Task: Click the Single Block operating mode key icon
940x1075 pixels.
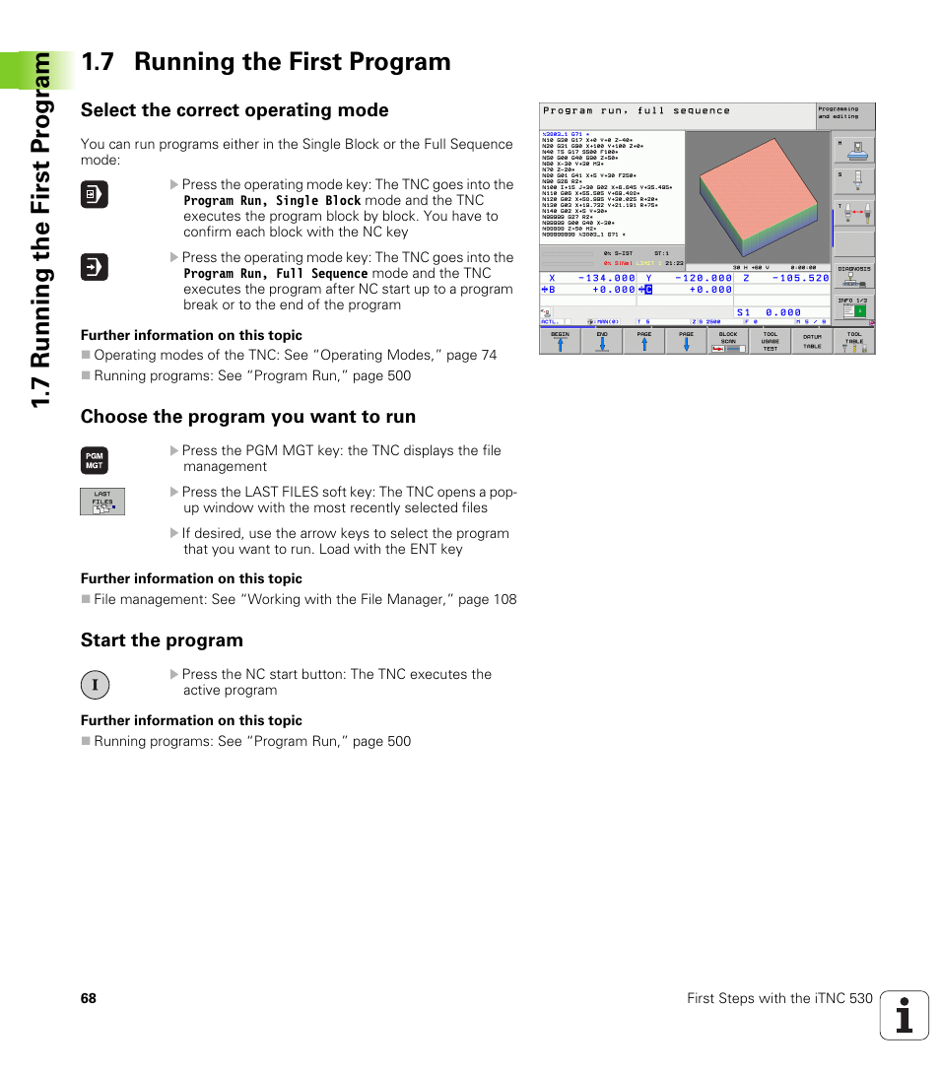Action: pos(95,195)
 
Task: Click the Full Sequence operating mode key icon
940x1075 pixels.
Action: pos(95,267)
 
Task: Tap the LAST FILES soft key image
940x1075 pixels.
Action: pos(102,502)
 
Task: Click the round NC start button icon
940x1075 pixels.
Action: pos(95,685)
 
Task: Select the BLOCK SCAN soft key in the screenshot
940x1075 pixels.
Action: pos(728,341)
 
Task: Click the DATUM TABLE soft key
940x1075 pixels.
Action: pos(812,341)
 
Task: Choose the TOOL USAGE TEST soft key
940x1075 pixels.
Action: pos(770,341)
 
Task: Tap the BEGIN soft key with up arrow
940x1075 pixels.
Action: pos(560,341)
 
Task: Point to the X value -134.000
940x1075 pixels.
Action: pos(606,278)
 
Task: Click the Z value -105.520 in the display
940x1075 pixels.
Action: pos(800,278)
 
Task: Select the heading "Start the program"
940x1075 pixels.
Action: pos(162,640)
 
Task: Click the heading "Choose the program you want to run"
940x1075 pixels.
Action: pos(248,417)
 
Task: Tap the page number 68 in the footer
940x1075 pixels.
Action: pos(89,998)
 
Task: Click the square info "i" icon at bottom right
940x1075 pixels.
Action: pos(905,1015)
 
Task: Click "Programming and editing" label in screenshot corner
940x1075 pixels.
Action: pos(839,113)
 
